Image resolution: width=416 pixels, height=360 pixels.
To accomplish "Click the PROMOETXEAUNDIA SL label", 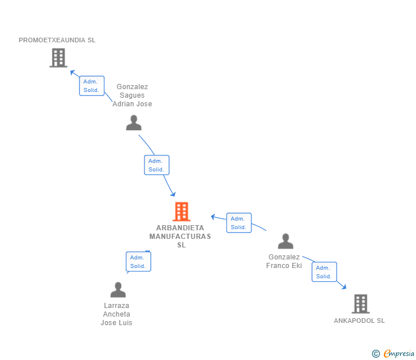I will [x=57, y=40].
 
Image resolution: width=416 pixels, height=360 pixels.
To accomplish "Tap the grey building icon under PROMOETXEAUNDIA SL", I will [x=58, y=58].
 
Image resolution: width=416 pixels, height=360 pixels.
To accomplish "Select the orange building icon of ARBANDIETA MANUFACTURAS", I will [x=181, y=211].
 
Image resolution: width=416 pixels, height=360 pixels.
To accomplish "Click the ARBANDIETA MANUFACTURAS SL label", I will [x=180, y=236].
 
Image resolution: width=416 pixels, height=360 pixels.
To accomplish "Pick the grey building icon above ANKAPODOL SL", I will [x=360, y=303].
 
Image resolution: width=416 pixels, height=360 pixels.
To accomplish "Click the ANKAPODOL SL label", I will [x=359, y=321].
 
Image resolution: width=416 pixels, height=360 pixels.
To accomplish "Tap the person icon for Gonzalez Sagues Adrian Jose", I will [x=134, y=123].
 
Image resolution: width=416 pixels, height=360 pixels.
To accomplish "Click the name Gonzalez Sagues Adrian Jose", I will [x=132, y=95].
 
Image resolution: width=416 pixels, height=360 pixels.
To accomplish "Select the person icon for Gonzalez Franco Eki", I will [x=285, y=242].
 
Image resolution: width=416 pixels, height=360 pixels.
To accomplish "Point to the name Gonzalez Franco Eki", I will [x=284, y=262].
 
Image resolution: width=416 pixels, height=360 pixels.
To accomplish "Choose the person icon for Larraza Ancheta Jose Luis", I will [x=118, y=290].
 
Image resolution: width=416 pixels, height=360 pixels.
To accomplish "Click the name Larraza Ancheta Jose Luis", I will [x=117, y=314].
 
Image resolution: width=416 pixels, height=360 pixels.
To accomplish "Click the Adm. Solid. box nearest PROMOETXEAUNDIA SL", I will [x=91, y=86].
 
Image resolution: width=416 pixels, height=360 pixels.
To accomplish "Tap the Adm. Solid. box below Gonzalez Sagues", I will [x=157, y=165].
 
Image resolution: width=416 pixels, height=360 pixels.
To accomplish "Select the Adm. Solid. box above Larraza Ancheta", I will [x=138, y=262].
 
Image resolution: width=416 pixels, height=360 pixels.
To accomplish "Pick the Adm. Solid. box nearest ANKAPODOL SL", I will [x=324, y=272].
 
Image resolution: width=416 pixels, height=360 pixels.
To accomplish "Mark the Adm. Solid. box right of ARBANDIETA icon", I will [x=238, y=223].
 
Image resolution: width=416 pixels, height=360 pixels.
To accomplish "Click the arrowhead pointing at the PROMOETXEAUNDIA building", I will [x=73, y=72].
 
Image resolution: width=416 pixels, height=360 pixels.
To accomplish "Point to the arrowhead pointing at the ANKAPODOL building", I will [x=343, y=286].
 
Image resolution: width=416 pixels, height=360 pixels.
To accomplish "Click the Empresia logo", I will [x=393, y=354].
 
